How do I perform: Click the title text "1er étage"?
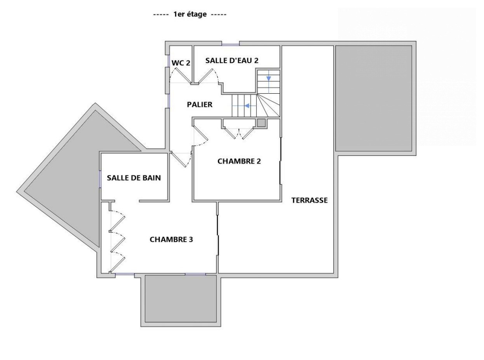(x=190, y=14)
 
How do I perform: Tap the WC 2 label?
(x=181, y=63)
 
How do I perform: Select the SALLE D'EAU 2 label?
(x=232, y=60)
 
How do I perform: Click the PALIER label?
(x=199, y=105)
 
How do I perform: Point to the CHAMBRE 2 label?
(x=239, y=161)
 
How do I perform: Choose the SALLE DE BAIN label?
(x=134, y=178)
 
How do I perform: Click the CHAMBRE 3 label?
(x=171, y=239)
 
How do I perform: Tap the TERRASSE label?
(x=310, y=200)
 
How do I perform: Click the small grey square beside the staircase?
(x=261, y=123)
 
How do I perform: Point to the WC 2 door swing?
(x=180, y=75)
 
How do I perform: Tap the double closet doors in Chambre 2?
(x=239, y=133)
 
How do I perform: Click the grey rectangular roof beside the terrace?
(x=373, y=98)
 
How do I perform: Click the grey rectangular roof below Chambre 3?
(x=181, y=299)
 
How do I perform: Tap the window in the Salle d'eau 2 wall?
(x=230, y=45)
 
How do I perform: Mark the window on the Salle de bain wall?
(x=100, y=179)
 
